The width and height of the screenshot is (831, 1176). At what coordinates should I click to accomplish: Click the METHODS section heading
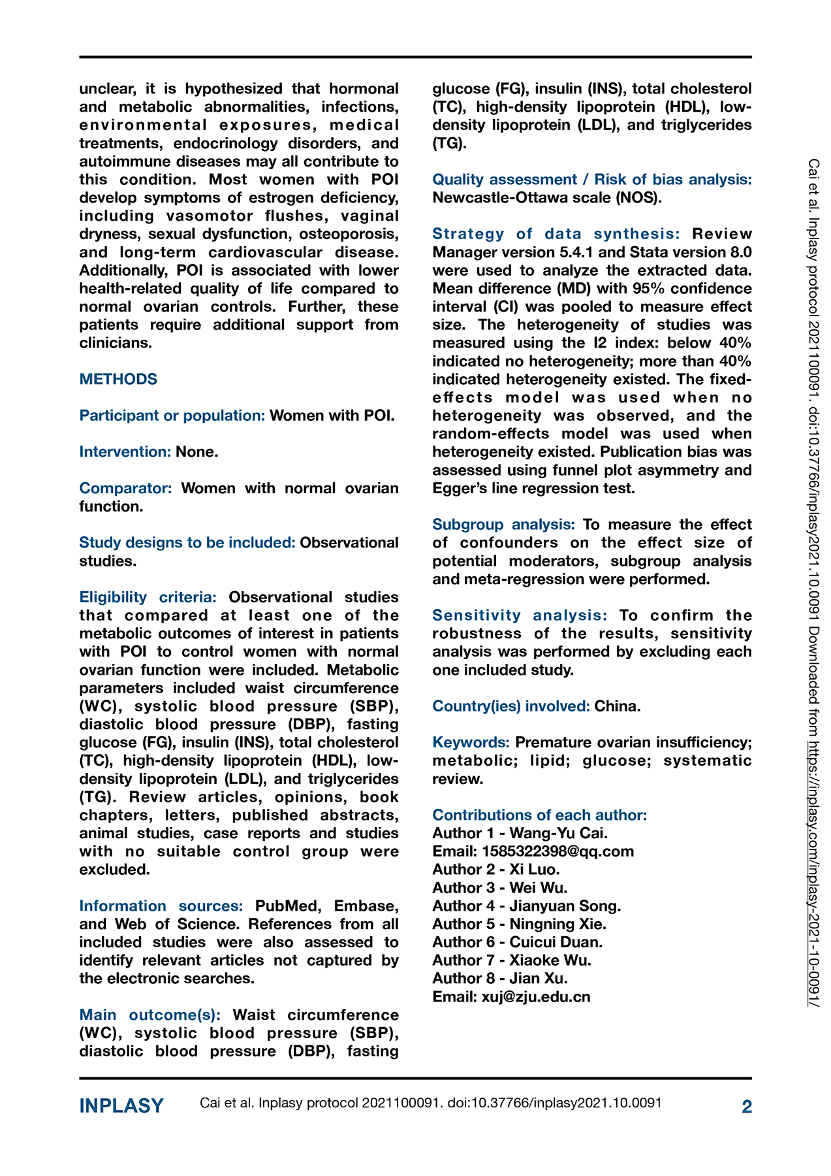click(x=118, y=380)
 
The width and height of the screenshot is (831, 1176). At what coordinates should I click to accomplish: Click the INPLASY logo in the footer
click(x=121, y=1106)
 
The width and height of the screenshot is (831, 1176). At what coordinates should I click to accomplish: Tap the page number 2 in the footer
click(x=747, y=1106)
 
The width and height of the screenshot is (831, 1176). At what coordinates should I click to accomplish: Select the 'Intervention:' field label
click(x=125, y=452)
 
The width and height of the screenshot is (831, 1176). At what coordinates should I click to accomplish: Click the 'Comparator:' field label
click(x=125, y=489)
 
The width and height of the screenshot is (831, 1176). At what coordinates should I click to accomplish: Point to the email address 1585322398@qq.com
click(x=557, y=851)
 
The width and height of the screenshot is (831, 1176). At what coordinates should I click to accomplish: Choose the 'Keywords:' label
click(x=471, y=743)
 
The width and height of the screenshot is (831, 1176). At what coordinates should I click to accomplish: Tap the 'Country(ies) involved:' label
click(x=511, y=706)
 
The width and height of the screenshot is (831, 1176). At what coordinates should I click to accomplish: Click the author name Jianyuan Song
click(x=565, y=906)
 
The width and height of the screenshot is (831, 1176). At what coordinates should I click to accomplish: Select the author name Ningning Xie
click(x=557, y=924)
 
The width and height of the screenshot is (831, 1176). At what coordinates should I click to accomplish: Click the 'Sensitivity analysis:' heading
click(x=520, y=615)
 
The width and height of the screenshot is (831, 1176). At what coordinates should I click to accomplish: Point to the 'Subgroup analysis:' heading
click(x=503, y=525)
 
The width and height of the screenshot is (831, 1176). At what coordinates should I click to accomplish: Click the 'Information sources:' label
click(x=161, y=906)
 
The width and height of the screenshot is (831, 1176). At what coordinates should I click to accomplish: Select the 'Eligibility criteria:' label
click(x=148, y=597)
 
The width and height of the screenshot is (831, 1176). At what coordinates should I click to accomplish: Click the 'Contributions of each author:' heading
click(x=539, y=815)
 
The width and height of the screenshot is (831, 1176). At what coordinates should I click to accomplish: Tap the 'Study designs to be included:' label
click(x=187, y=543)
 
